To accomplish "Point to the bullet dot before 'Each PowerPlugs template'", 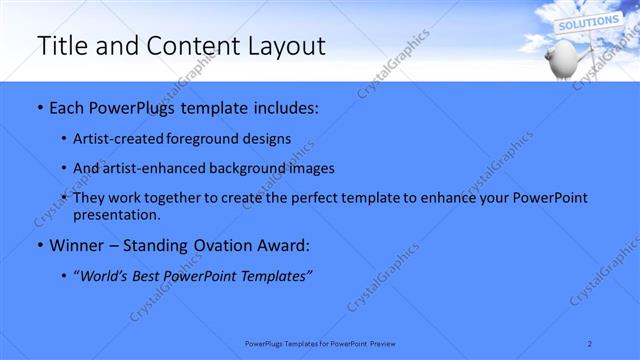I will click(39, 108).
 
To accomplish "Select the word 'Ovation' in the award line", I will click(217, 245).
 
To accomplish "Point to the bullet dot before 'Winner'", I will click(39, 245).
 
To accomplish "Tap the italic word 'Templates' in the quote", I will click(277, 276).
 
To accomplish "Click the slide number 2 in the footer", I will click(590, 343).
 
